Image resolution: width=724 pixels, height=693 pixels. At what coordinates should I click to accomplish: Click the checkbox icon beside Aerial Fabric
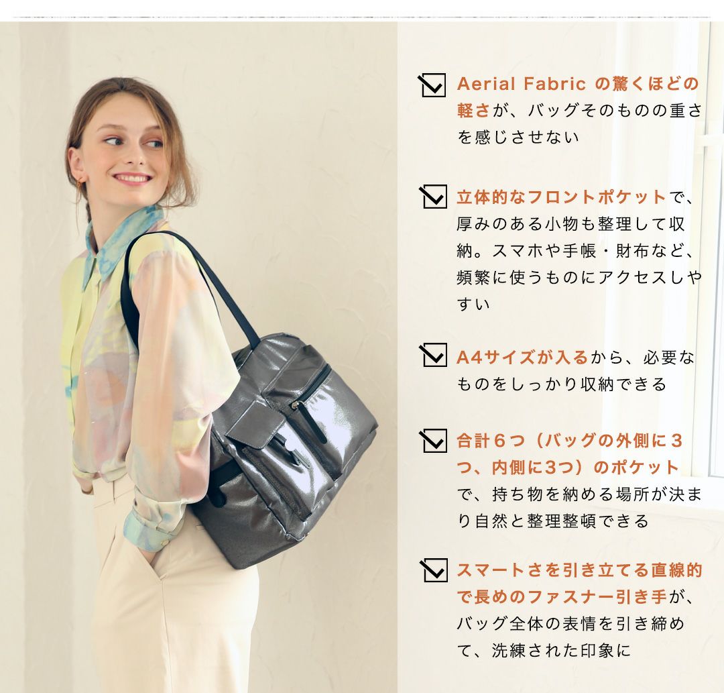[432, 85]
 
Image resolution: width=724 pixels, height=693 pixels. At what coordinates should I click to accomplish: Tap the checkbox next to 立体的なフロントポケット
[433, 197]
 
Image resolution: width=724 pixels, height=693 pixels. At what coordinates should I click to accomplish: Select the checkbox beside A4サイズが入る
[433, 355]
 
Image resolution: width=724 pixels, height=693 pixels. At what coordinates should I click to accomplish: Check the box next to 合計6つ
[433, 440]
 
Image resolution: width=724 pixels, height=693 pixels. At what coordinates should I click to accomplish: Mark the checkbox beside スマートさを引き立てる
[434, 570]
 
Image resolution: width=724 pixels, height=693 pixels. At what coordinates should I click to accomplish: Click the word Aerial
[486, 84]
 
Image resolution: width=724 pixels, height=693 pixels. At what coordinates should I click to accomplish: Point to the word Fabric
[554, 84]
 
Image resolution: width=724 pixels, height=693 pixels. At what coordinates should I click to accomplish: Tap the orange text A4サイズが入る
[522, 357]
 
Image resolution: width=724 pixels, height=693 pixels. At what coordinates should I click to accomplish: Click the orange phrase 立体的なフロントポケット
[562, 197]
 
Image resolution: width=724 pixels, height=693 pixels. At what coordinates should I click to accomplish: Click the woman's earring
[81, 180]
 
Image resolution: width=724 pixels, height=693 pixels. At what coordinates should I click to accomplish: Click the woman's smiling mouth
[131, 178]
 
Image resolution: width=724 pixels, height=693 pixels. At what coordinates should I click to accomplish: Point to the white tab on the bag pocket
[292, 446]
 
